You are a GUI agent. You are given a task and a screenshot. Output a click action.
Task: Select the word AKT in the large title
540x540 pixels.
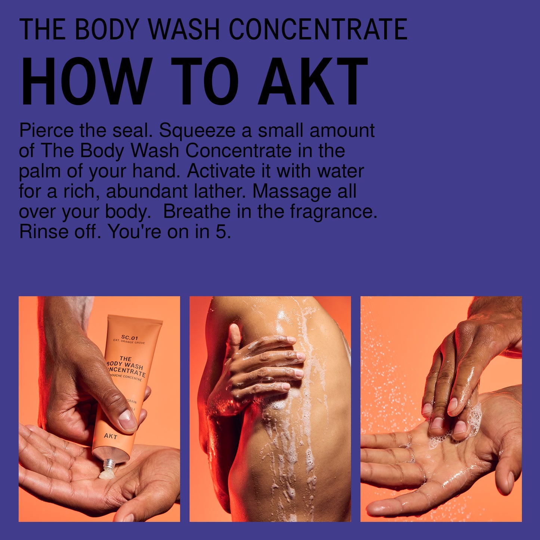(x=313, y=81)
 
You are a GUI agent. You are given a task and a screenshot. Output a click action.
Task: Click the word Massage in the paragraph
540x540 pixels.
(x=292, y=191)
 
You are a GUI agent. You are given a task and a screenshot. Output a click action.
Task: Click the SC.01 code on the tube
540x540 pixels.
(x=129, y=337)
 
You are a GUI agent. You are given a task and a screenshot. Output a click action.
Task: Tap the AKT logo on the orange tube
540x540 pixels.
(x=111, y=436)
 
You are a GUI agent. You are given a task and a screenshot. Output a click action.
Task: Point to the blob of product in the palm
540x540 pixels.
(x=106, y=475)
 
